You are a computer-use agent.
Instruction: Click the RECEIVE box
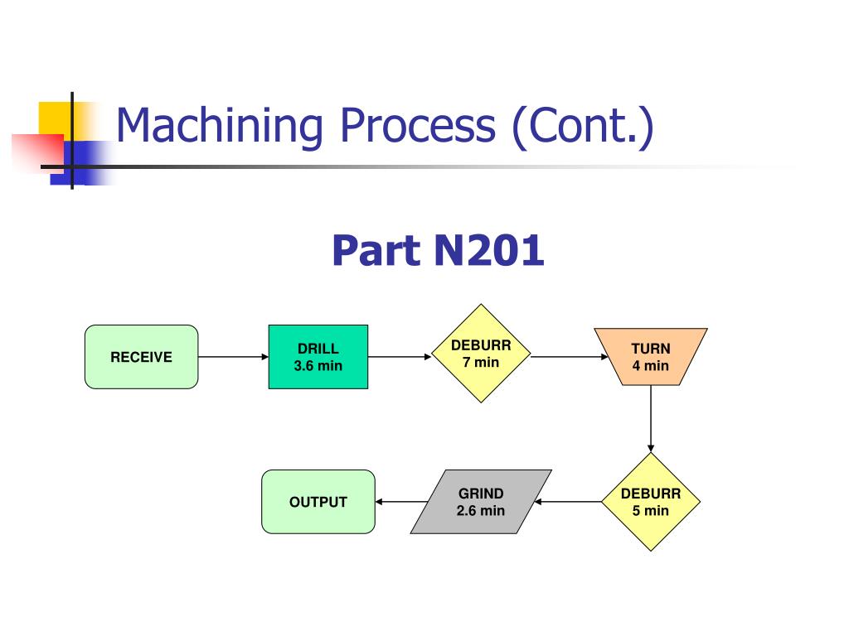coord(141,357)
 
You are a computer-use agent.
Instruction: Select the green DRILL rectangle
coord(318,357)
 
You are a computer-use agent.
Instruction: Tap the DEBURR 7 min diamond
coord(481,353)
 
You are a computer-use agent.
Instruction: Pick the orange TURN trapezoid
coord(651,356)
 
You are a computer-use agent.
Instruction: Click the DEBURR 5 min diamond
coord(651,502)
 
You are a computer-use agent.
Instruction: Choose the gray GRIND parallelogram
coord(481,502)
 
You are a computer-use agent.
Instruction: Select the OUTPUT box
coord(318,502)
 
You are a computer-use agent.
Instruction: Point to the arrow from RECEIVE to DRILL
coord(233,357)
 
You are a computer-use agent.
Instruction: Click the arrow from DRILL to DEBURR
coord(400,357)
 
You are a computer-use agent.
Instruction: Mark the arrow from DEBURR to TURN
coord(570,357)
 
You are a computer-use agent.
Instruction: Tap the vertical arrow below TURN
coord(651,418)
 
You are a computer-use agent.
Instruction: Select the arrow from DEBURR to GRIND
coord(568,502)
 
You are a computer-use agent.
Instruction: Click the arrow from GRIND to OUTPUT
coord(401,502)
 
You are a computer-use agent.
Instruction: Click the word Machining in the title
coord(220,127)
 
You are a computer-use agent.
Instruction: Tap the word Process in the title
coord(418,127)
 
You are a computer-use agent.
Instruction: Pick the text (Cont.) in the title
coord(583,127)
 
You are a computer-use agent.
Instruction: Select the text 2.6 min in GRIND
coord(481,510)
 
